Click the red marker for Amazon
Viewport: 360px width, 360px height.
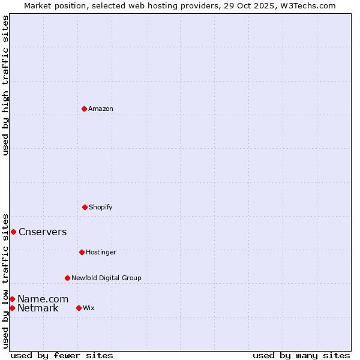(x=84, y=109)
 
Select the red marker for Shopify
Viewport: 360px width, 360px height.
(x=85, y=207)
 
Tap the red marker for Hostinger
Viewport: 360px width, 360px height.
(x=82, y=252)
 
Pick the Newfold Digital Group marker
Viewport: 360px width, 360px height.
(x=67, y=278)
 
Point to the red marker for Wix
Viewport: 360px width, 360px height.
(x=79, y=308)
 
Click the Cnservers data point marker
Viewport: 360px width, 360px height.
(x=13, y=232)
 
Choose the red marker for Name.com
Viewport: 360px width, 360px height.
(x=12, y=299)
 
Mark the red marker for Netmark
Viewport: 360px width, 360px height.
(x=12, y=308)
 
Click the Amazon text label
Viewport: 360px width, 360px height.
(x=101, y=109)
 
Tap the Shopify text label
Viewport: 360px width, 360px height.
(x=101, y=207)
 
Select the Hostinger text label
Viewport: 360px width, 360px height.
(x=101, y=252)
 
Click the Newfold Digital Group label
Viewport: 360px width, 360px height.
(x=106, y=278)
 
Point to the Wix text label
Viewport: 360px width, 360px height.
(x=89, y=308)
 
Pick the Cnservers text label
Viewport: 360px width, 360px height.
(x=43, y=232)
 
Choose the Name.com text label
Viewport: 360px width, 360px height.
(x=43, y=299)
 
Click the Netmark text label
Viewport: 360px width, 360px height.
(x=38, y=308)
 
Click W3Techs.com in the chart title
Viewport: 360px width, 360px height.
(x=307, y=5)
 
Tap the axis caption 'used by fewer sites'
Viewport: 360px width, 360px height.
(x=62, y=355)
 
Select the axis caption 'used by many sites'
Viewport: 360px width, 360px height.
(x=301, y=355)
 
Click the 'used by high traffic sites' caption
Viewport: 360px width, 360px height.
(x=5, y=85)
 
